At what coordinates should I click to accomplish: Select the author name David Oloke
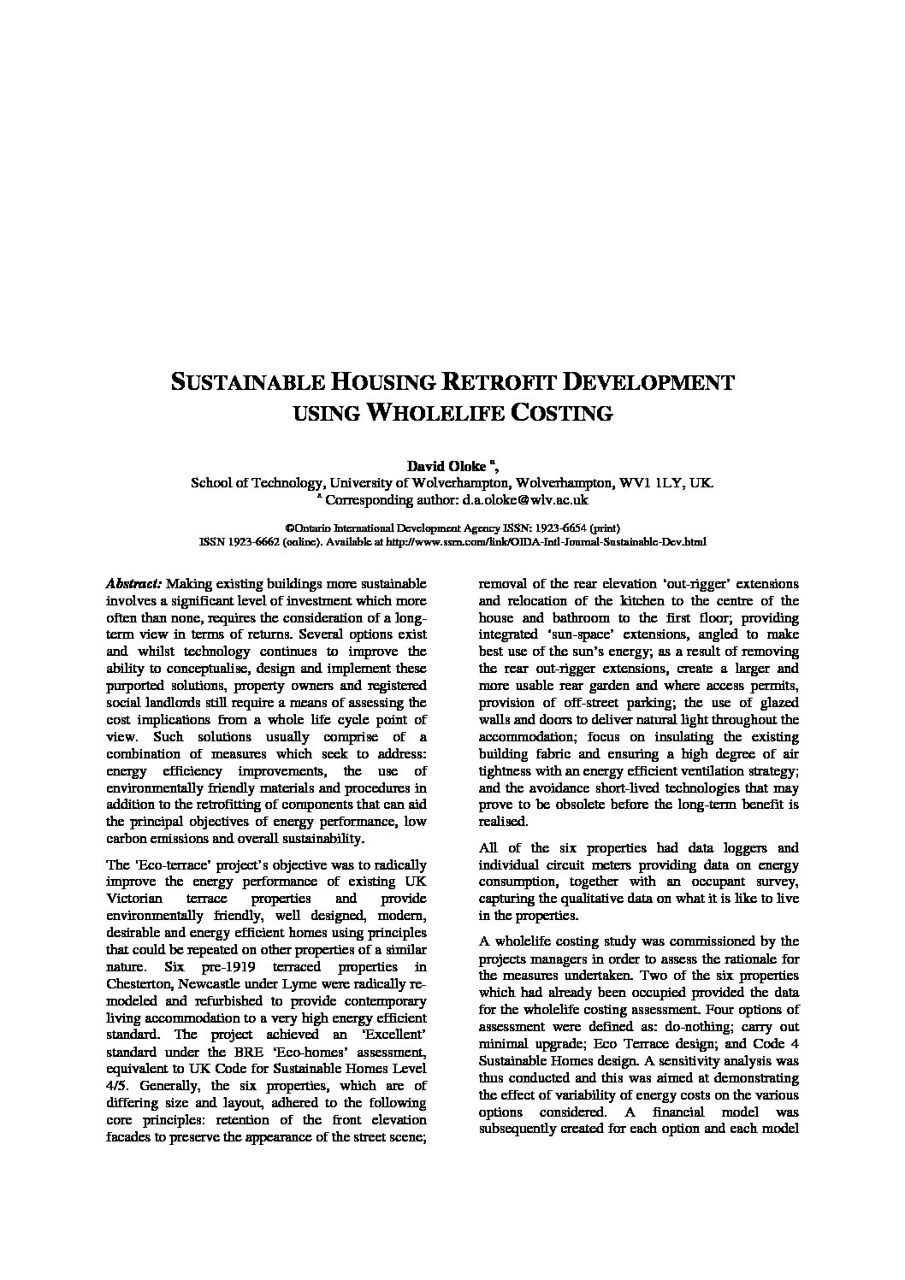point(445,466)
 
